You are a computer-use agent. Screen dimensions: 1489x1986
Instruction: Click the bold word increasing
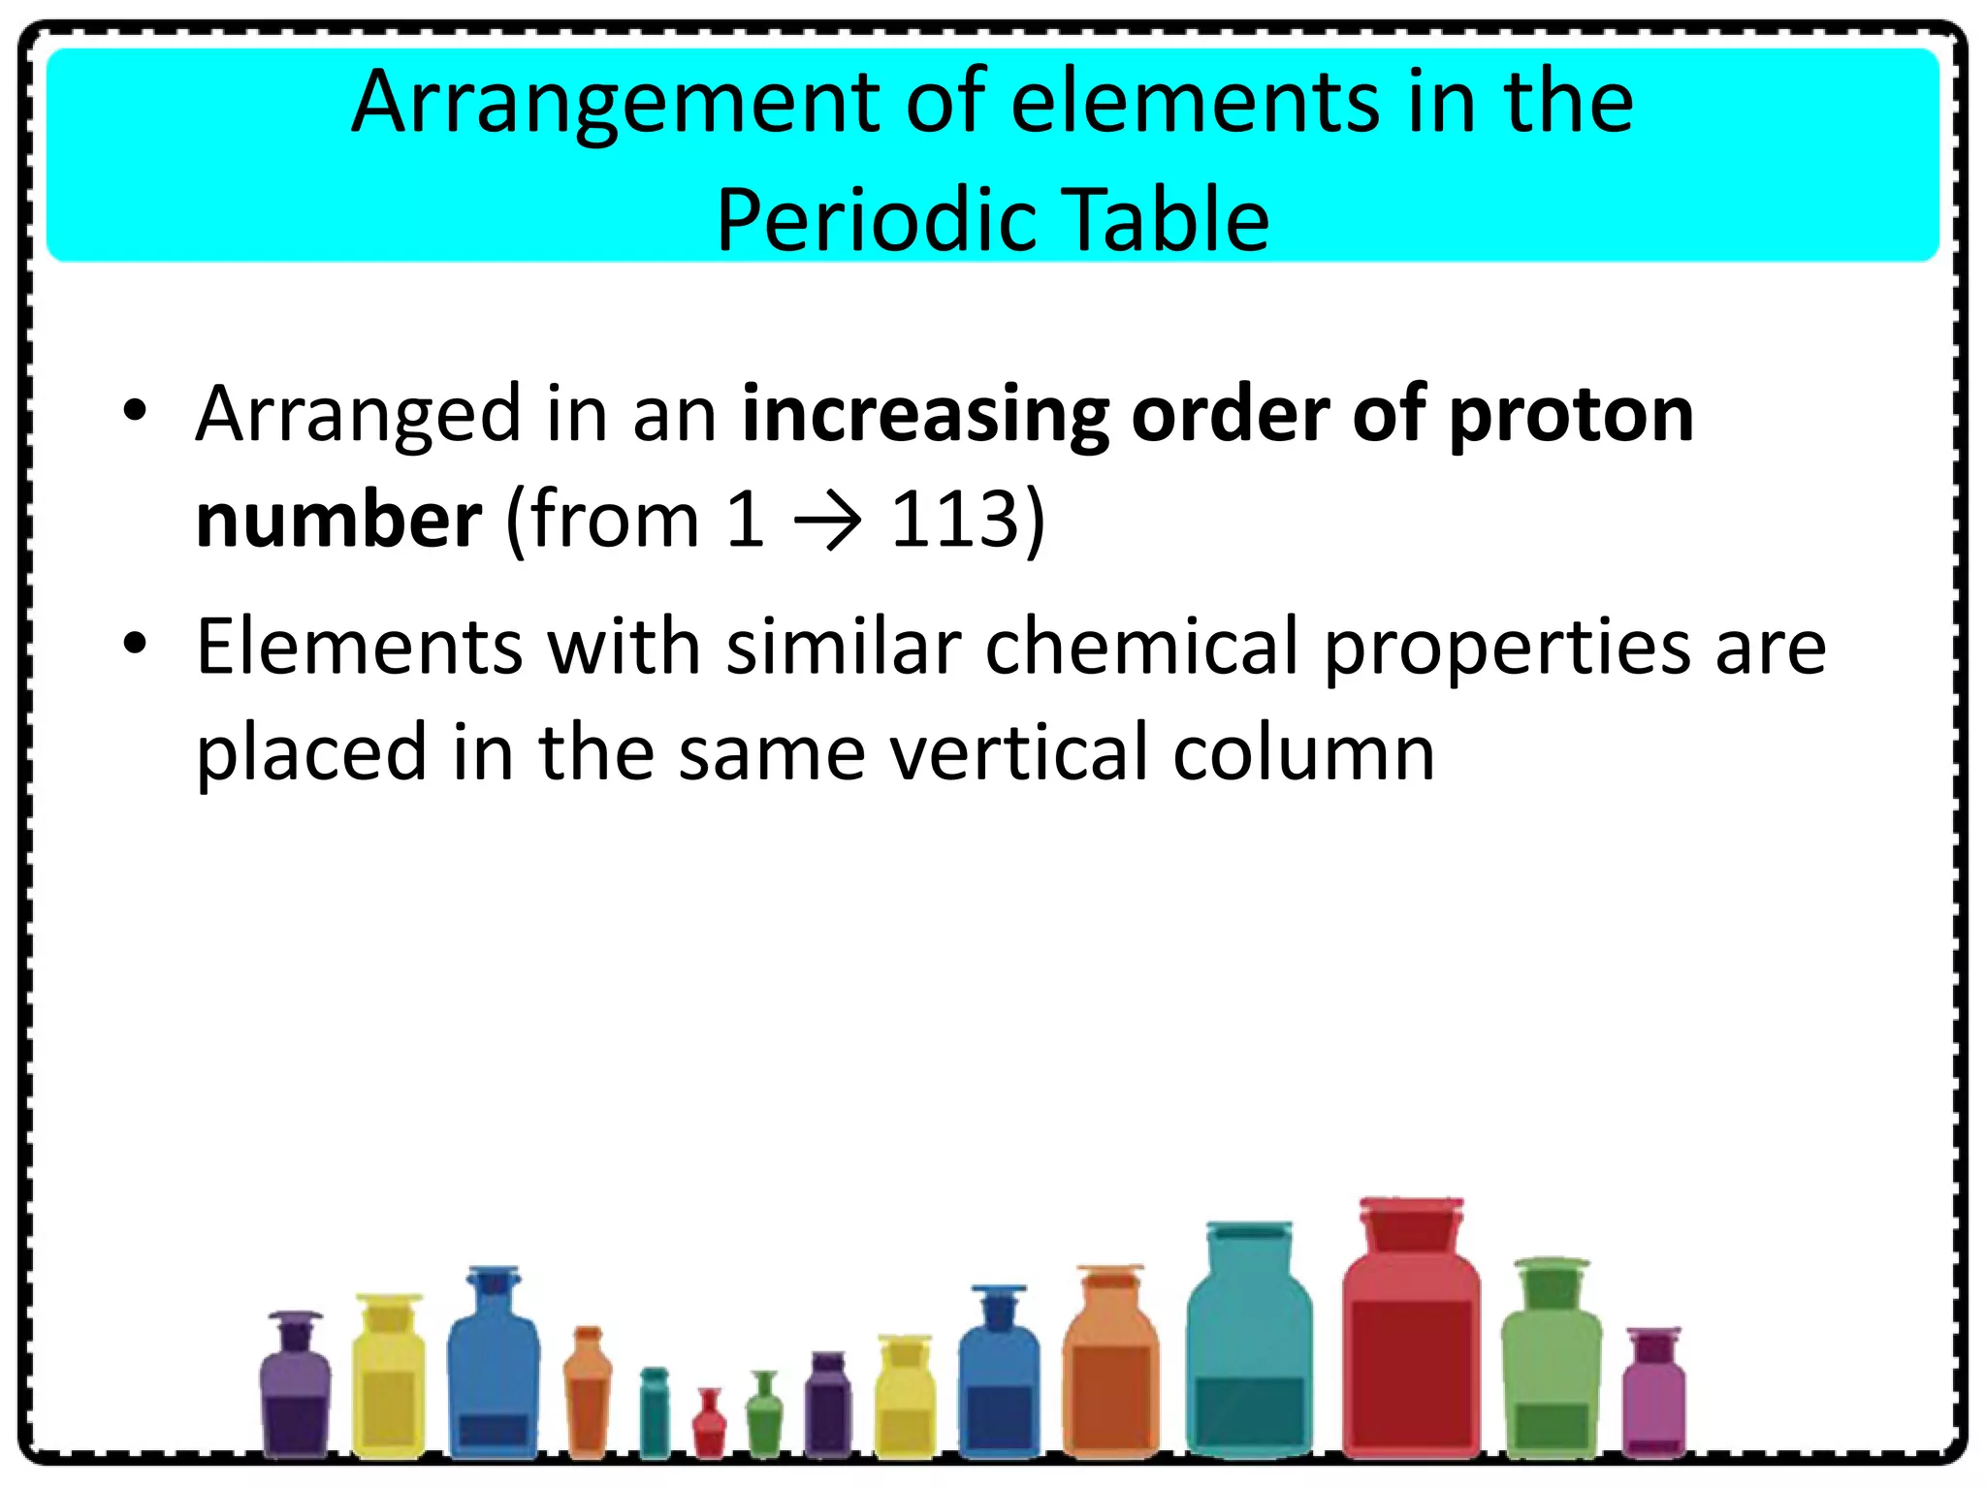point(925,415)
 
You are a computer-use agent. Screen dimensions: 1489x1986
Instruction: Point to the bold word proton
point(1571,415)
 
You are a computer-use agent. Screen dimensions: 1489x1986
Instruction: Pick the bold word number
point(338,520)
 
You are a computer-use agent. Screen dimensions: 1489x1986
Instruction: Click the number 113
point(955,520)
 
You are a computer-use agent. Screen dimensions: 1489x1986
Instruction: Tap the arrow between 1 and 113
point(827,522)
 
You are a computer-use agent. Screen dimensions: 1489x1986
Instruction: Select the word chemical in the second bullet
point(1142,647)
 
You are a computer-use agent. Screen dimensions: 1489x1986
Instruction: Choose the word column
point(1303,752)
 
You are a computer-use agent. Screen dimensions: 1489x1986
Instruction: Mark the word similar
point(844,647)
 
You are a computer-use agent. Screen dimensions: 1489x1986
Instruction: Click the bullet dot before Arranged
point(135,411)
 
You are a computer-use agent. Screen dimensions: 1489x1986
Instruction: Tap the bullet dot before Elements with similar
point(135,643)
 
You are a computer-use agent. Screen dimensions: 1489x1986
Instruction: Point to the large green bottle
point(1551,1367)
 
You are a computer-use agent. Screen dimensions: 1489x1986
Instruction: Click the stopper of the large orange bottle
point(1110,1280)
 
